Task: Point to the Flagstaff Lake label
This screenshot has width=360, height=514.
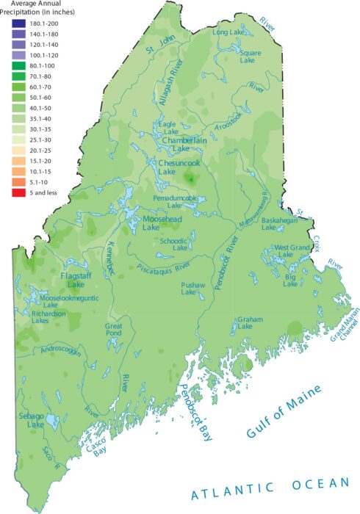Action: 72,279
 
